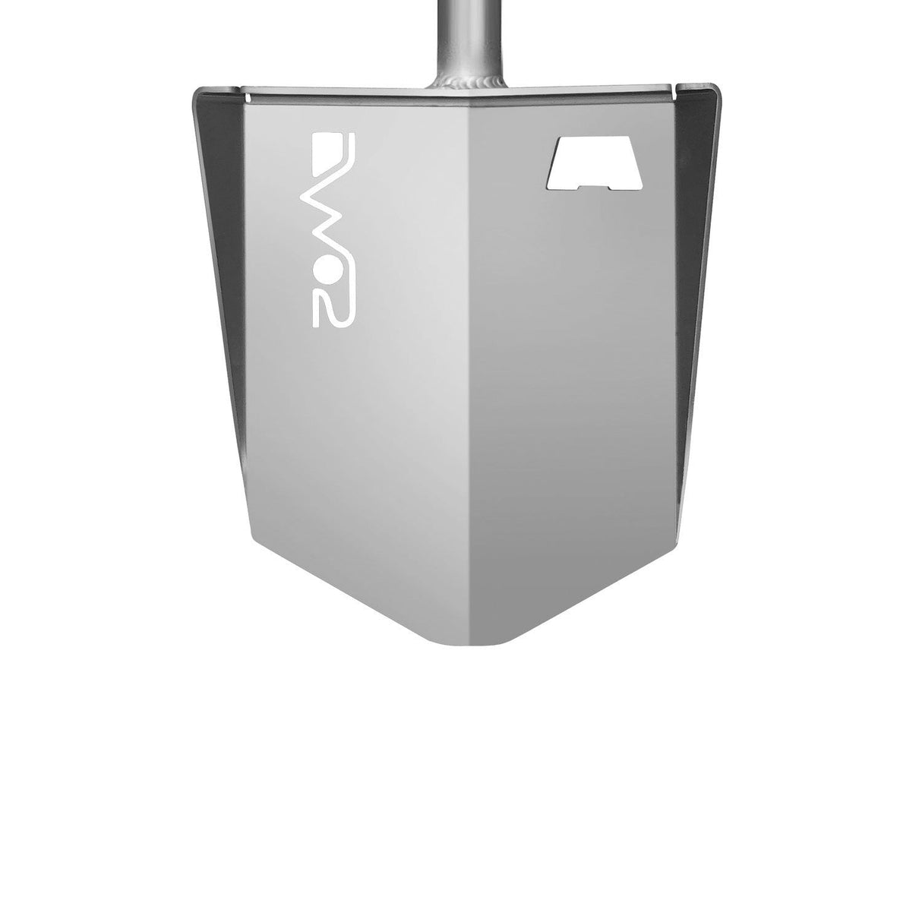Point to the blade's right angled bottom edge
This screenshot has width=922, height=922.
click(x=581, y=585)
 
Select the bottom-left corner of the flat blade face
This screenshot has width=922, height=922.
click(x=249, y=529)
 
